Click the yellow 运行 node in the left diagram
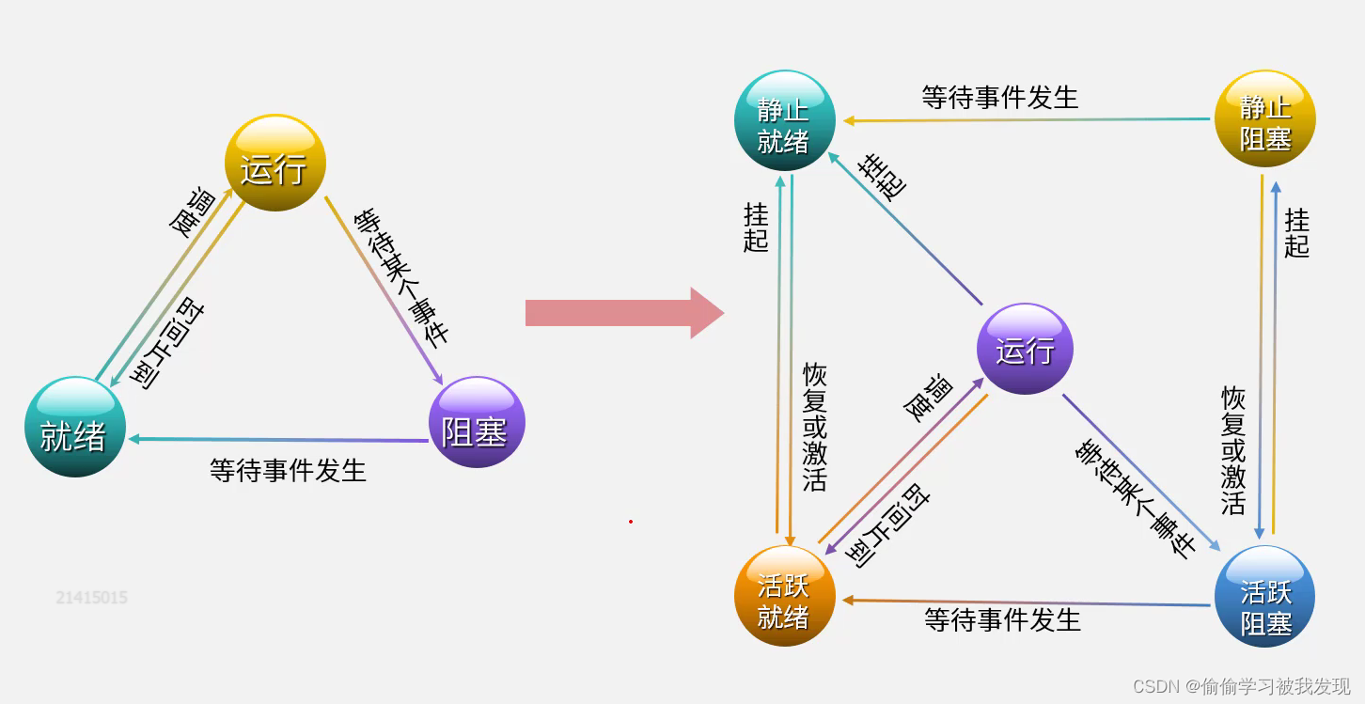click(275, 164)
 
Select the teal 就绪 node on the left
click(74, 428)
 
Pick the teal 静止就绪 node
click(783, 121)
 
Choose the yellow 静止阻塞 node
click(1264, 120)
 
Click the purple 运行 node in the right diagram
click(1025, 349)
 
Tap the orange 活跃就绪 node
click(783, 596)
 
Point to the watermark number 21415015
click(91, 598)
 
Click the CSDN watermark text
click(1241, 686)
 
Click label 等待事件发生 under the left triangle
click(288, 470)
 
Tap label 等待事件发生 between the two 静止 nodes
click(999, 97)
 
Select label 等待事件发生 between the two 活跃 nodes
click(1002, 619)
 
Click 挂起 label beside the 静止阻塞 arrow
click(1296, 233)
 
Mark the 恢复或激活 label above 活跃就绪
click(814, 428)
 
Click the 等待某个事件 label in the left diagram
click(401, 277)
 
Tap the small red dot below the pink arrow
click(631, 521)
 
